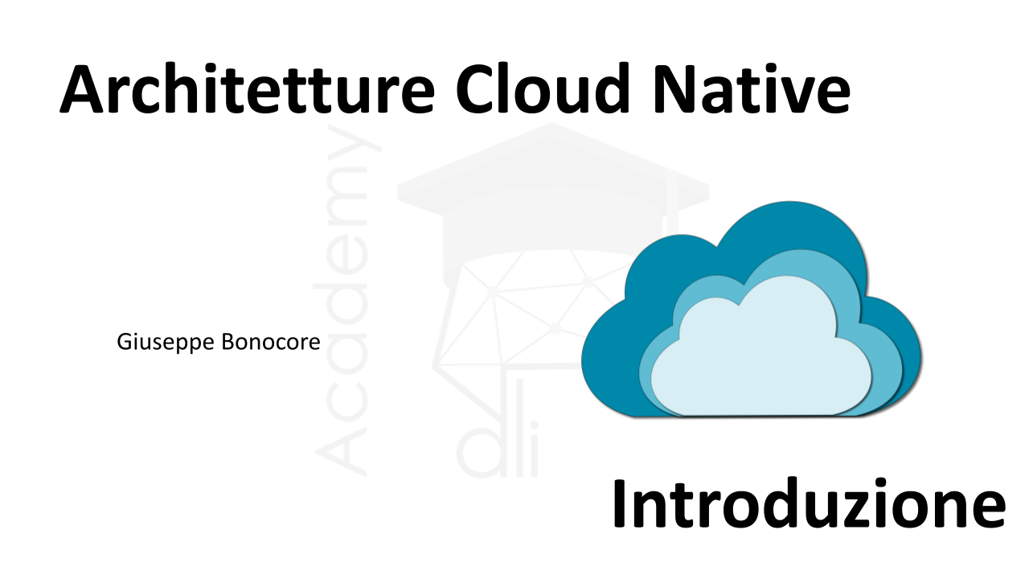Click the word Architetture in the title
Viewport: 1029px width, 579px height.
pos(247,88)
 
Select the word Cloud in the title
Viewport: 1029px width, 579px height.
pos(542,88)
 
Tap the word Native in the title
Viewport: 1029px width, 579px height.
pos(752,88)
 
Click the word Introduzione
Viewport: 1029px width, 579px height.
pos(810,503)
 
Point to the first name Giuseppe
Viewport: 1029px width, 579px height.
pos(166,343)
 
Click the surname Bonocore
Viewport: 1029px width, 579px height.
pos(271,342)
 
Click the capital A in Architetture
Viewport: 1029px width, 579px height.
pos(82,89)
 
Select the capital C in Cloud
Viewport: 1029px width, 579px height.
pos(475,88)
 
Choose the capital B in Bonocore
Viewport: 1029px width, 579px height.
pos(228,342)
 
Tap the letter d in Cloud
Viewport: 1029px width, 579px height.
pos(609,88)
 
